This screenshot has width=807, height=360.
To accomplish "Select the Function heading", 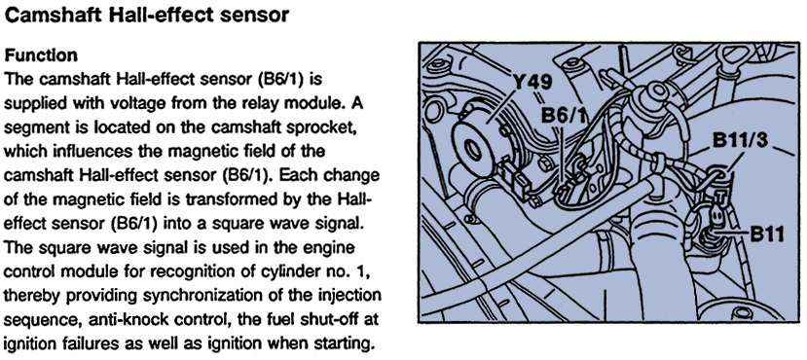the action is click(x=41, y=55).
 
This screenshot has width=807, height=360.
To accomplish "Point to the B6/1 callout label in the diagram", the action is click(x=564, y=115).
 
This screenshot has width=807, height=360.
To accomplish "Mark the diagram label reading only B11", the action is click(x=767, y=234).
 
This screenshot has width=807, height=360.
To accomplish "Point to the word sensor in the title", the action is click(x=256, y=17).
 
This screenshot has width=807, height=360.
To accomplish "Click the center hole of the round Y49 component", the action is click(x=472, y=151).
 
